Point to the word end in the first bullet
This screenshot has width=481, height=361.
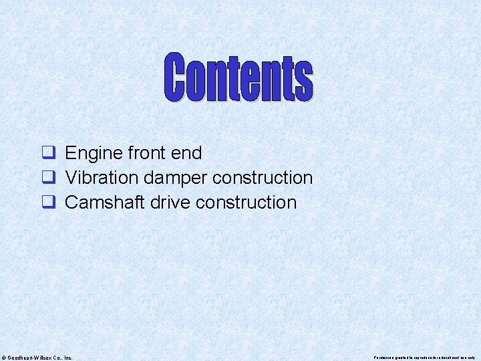point(186,153)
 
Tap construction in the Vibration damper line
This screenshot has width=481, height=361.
point(263,178)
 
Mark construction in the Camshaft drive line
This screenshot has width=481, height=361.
point(247,203)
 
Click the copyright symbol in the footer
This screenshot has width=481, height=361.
point(3,358)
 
